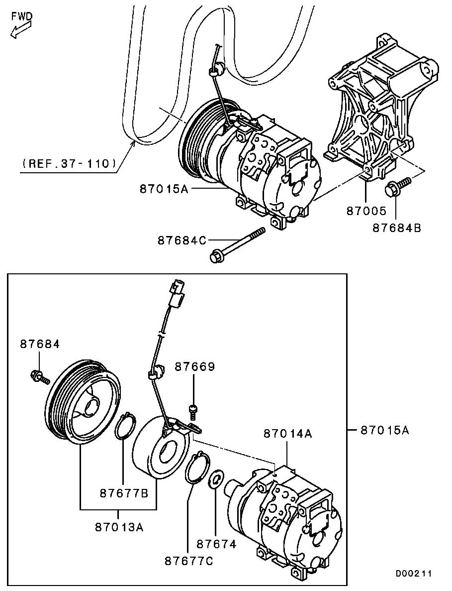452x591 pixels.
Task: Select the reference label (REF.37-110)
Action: (69, 163)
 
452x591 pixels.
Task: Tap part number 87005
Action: (366, 211)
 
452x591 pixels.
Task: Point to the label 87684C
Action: (182, 240)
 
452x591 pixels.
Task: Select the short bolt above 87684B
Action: (398, 186)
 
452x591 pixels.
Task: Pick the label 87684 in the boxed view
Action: (40, 344)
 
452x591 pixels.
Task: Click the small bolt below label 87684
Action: (39, 376)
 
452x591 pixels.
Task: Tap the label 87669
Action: (195, 366)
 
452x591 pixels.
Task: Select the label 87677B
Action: (124, 493)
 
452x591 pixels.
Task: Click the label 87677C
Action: (189, 561)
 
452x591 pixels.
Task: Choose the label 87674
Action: (216, 544)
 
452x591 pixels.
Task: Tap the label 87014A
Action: (288, 434)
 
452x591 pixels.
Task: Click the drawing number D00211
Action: (414, 574)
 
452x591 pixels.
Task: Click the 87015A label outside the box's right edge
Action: (384, 430)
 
